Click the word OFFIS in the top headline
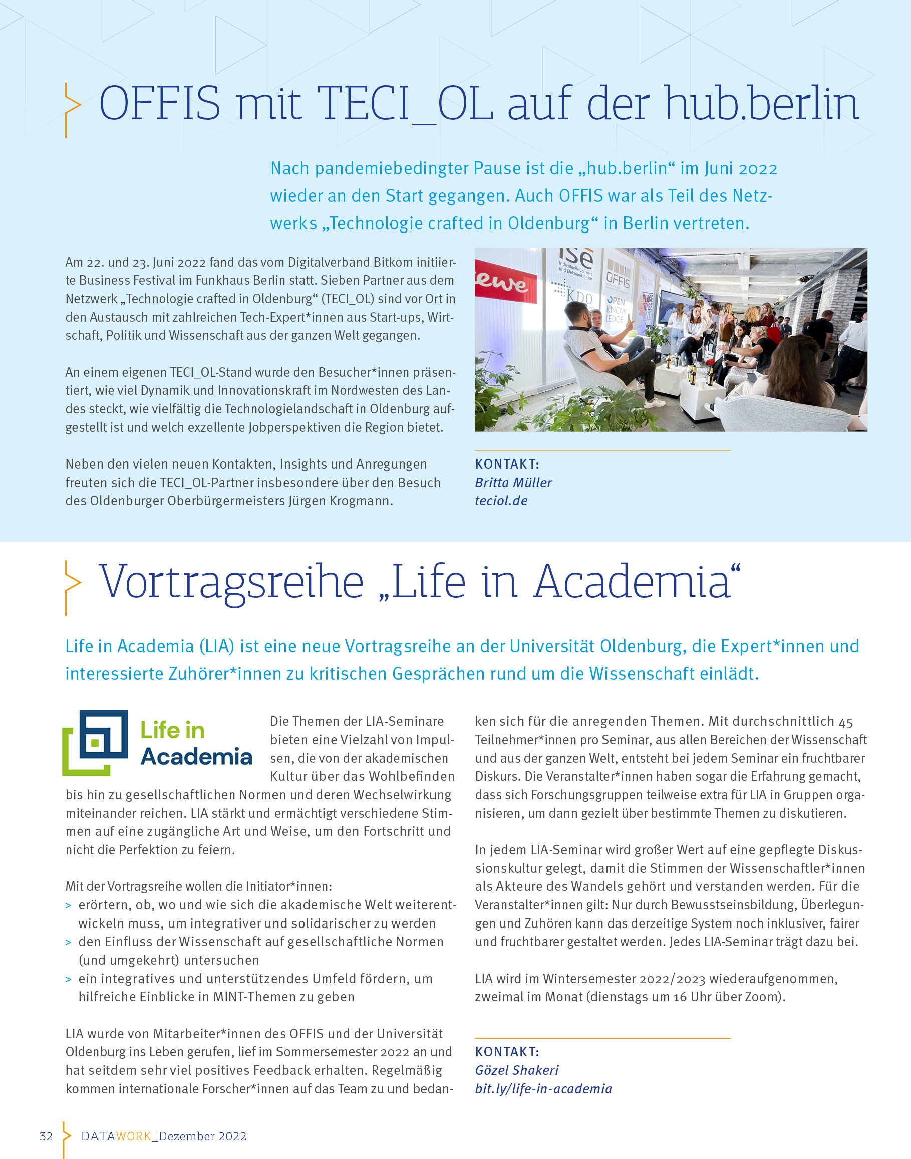coord(159,103)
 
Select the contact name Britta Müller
coord(513,483)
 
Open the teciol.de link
coord(501,501)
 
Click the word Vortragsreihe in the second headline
coord(231,582)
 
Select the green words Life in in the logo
coord(172,730)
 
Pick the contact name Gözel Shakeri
coord(516,1070)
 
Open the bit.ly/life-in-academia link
coord(543,1088)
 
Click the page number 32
coord(47,1136)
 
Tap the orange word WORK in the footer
coord(133,1136)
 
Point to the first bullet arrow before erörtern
coord(68,905)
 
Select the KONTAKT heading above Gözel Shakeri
coord(507,1052)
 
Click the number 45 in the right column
coord(846,722)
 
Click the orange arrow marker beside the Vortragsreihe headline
coord(72,587)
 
